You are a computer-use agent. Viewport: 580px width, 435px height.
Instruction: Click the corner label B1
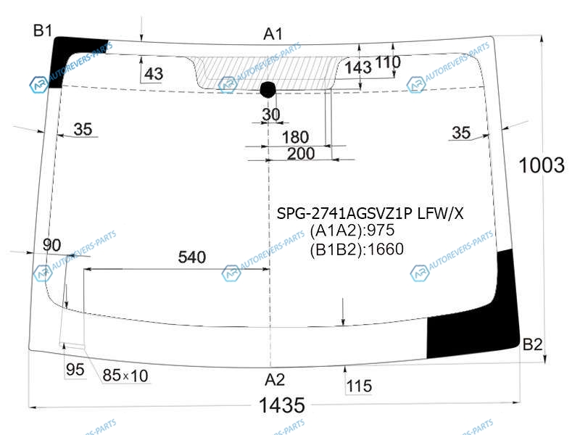click(43, 30)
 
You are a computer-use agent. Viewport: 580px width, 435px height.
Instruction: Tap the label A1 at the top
click(273, 34)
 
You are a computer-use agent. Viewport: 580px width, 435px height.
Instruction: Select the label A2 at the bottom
click(275, 380)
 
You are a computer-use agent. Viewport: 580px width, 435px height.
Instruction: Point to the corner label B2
click(532, 344)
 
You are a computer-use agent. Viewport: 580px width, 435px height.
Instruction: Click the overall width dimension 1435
click(282, 405)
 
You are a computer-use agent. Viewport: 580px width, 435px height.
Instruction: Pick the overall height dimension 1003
click(542, 165)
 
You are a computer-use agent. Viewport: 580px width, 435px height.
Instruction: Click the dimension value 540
click(191, 257)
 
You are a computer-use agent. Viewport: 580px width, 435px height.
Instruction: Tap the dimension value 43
click(154, 74)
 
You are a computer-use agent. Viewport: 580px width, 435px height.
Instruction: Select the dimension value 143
click(358, 67)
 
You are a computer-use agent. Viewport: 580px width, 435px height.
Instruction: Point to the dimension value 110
click(388, 62)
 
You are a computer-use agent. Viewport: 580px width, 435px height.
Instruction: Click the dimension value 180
click(295, 137)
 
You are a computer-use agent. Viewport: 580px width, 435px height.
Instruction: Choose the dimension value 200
click(301, 154)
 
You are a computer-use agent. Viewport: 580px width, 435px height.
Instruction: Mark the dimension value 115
click(359, 386)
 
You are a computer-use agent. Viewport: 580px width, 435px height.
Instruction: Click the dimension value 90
click(51, 245)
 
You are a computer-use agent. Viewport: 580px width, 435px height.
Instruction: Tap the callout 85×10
click(125, 376)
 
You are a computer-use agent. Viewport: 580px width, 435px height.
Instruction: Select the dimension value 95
click(75, 370)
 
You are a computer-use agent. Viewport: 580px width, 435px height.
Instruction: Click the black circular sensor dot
click(268, 89)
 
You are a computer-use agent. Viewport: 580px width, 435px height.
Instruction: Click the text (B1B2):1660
click(357, 249)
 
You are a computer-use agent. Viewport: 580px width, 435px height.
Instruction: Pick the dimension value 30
click(271, 115)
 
